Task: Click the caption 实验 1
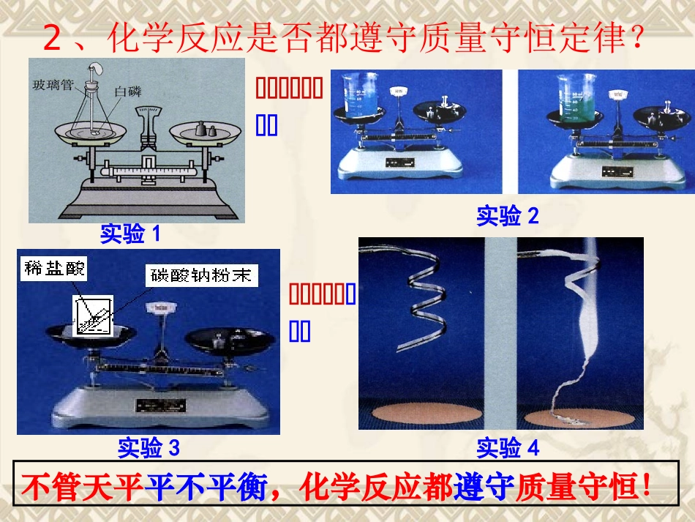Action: [129, 234]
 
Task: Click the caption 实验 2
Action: [507, 216]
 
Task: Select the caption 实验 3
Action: [148, 447]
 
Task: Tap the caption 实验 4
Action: [507, 447]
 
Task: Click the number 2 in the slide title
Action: [52, 38]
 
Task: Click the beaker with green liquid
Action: [578, 99]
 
